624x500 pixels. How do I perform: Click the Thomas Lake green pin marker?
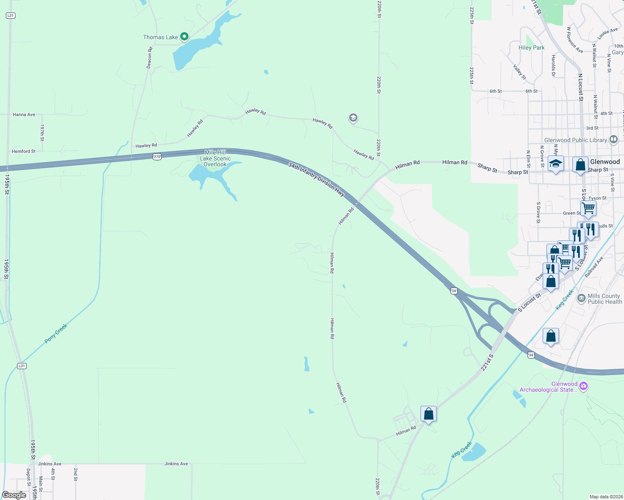click(x=184, y=37)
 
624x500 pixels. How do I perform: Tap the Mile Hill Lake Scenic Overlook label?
click(x=215, y=158)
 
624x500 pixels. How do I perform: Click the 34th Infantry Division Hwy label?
click(x=317, y=180)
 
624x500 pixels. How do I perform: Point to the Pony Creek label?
click(x=56, y=334)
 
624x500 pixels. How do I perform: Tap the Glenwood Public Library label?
click(x=576, y=140)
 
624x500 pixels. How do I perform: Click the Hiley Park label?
click(x=531, y=47)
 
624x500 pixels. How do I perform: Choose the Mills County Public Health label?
click(x=604, y=299)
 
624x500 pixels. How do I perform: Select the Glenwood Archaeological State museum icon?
click(x=584, y=386)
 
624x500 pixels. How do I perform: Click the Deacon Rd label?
click(x=149, y=57)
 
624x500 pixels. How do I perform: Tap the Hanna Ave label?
click(x=24, y=115)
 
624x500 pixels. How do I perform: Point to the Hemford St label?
click(x=24, y=151)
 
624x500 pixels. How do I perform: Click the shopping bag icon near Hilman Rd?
click(x=428, y=414)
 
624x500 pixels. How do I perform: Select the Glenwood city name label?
click(x=605, y=162)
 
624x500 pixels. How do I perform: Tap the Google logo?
click(x=14, y=495)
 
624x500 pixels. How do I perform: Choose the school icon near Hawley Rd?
click(x=353, y=118)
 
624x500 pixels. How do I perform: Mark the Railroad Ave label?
click(x=594, y=267)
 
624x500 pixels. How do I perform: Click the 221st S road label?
click(x=487, y=362)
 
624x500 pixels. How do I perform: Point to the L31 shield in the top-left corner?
click(x=10, y=15)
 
